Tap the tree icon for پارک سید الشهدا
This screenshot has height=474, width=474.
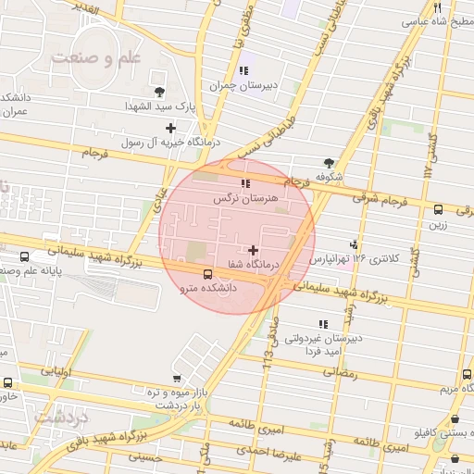pos(159,91)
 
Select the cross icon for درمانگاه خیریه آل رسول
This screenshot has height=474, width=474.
pos(170,129)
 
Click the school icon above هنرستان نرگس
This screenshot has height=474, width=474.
pos(245,183)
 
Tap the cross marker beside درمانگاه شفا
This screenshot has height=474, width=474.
pos(253,250)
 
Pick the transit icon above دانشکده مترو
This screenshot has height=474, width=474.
pos(207,274)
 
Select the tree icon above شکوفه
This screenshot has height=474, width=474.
pos(330,162)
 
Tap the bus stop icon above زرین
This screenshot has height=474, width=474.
pos(438,209)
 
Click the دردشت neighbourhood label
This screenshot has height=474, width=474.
pos(61,418)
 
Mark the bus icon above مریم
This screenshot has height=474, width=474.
pos(466,374)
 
